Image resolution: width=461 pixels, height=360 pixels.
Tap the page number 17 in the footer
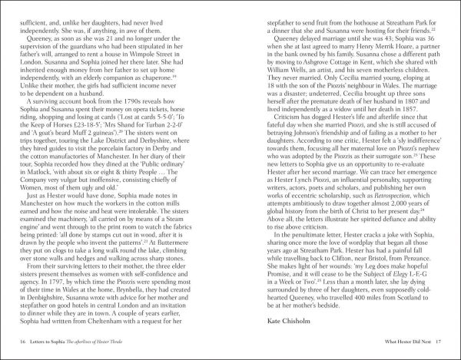[x=439, y=342]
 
